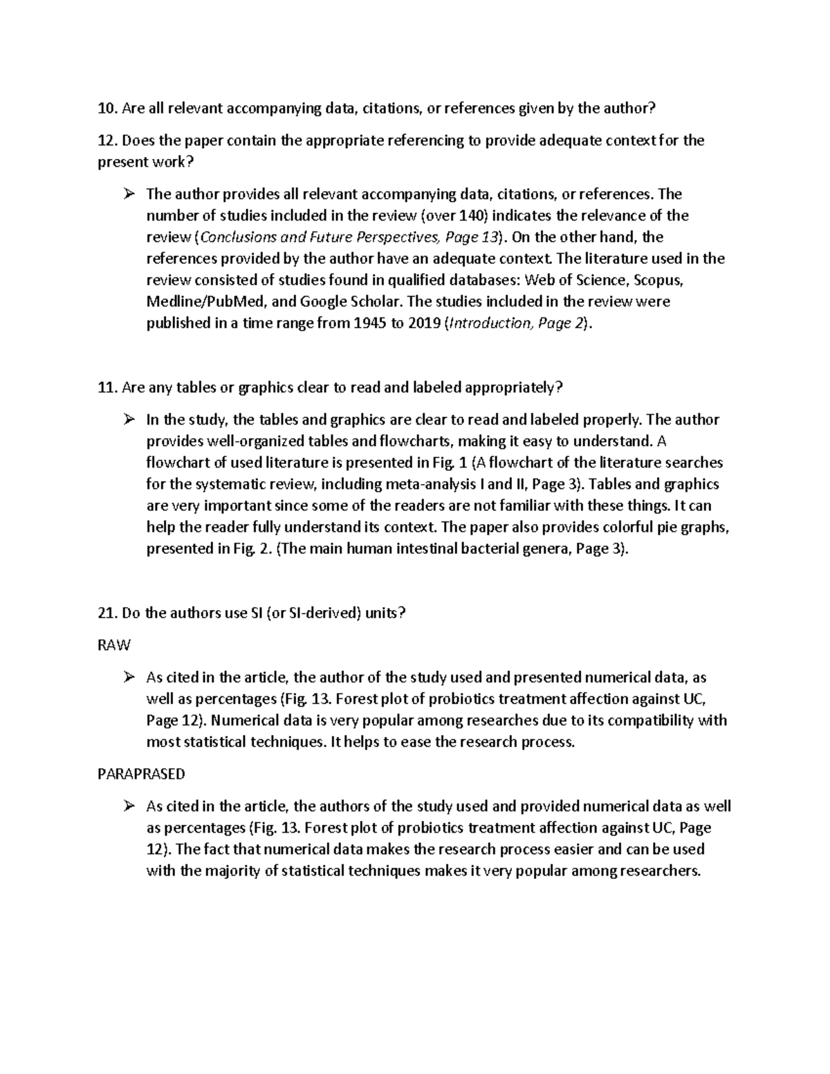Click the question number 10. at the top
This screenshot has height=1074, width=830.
tap(109, 109)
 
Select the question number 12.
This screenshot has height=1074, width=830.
tap(109, 141)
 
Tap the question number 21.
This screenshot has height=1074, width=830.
tap(109, 613)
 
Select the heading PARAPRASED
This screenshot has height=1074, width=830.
tap(142, 774)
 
